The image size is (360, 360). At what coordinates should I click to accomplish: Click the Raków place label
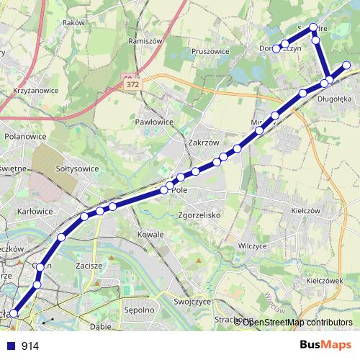73,22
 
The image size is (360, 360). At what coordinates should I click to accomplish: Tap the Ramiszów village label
142,41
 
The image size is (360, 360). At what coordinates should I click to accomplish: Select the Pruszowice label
211,51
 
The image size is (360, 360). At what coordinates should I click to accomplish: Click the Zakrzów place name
202,143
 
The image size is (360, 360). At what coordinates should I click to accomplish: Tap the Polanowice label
25,135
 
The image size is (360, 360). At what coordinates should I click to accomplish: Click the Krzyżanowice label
35,91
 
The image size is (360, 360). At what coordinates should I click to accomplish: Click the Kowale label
152,235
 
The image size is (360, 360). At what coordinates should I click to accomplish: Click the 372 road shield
132,85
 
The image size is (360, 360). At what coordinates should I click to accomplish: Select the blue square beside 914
11,346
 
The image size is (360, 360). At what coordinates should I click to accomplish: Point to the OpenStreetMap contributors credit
297,322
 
